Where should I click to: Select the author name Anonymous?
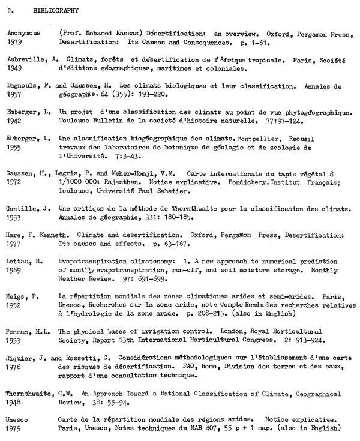click(x=24, y=34)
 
